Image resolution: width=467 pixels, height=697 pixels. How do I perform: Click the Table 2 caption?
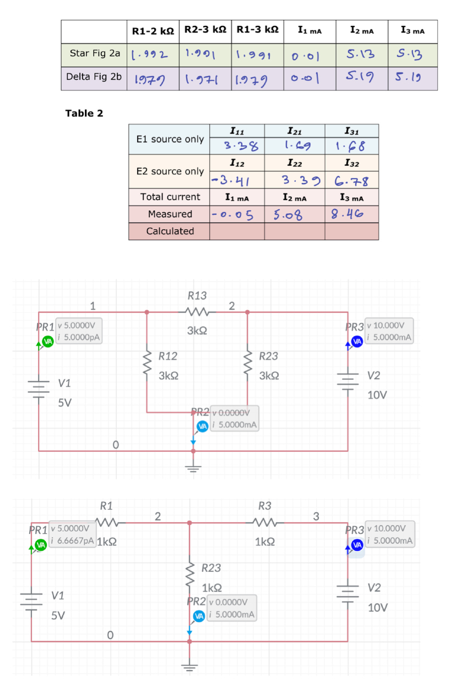84,114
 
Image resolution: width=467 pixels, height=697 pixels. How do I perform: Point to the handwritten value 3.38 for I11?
237,146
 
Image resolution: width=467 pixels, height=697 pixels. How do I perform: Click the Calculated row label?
170,231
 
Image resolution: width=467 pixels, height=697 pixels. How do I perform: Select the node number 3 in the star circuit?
316,516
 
